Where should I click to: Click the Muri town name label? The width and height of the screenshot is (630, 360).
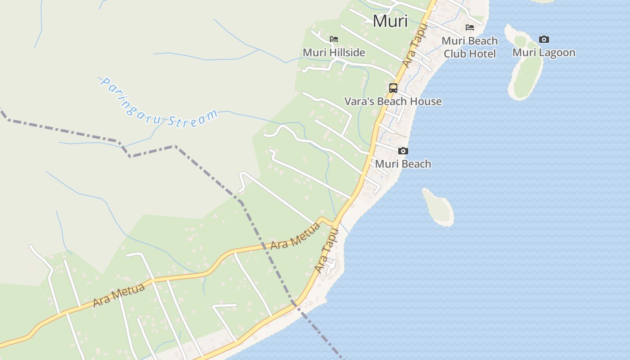pos(390,21)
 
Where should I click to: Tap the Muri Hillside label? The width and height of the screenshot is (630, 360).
pos(334,53)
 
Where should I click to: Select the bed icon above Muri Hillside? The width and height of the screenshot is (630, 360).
pos(334,39)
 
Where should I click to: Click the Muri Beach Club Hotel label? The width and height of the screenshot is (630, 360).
pos(470,47)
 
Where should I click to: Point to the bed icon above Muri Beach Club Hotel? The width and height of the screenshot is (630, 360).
pos(470,27)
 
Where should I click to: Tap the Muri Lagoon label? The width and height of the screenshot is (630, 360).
pos(544,53)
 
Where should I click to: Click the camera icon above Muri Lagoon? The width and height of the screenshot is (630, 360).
pos(544,40)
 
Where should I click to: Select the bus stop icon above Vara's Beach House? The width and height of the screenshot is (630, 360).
pos(393,88)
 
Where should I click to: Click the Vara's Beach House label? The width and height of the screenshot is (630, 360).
pos(393,102)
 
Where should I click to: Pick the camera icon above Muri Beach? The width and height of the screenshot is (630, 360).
pos(403,151)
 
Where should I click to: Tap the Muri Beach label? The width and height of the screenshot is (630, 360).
pos(403,164)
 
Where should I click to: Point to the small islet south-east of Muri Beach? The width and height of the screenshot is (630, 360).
pos(438,207)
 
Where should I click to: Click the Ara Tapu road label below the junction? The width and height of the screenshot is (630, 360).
pos(327,250)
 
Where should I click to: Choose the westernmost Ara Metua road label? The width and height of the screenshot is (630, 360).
pos(119,295)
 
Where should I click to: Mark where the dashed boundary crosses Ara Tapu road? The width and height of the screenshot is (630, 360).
pos(295,304)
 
